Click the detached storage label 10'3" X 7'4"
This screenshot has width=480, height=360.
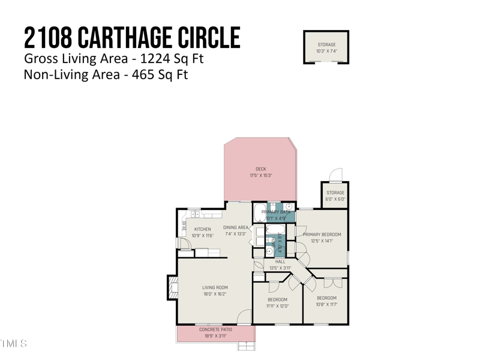326,51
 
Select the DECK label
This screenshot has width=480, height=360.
260,169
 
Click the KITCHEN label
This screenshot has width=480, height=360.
202,229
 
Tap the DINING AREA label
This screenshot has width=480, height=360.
235,227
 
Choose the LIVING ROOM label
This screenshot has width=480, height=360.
215,287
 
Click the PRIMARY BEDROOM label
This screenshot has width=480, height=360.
322,234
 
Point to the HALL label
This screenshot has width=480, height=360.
280,262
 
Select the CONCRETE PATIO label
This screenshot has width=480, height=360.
215,329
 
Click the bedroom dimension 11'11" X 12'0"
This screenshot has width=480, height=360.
277,306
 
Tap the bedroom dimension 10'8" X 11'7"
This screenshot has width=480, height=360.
326,304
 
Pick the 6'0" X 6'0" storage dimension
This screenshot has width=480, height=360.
335,199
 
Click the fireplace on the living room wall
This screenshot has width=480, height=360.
172,288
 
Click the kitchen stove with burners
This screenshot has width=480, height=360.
184,226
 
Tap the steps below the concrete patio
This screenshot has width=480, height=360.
246,346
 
